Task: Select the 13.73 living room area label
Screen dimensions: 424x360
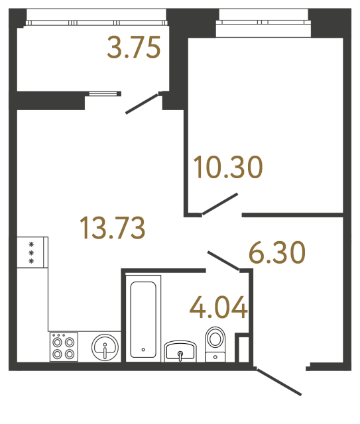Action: [x=112, y=228]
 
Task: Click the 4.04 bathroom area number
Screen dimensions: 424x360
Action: [x=219, y=307]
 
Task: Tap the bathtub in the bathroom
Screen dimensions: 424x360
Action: [x=144, y=319]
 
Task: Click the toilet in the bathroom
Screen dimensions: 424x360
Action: [x=216, y=340]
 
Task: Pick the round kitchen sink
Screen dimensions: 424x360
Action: [x=104, y=346]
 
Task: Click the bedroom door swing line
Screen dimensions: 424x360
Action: [x=219, y=204]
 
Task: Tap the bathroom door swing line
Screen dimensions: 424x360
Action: [x=223, y=261]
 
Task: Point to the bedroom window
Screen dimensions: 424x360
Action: [x=263, y=22]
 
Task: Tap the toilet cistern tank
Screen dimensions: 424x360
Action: [x=215, y=356]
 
